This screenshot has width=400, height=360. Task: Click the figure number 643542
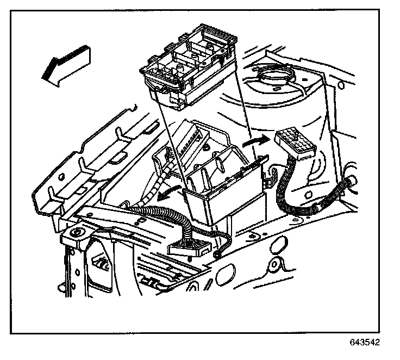click(x=365, y=344)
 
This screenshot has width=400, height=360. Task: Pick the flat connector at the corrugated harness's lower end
click(x=188, y=248)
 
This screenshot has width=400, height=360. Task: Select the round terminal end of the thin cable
click(x=218, y=253)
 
